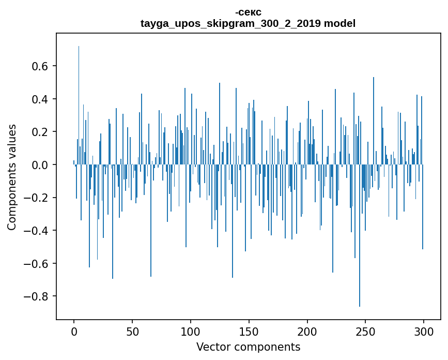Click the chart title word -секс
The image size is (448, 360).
(x=248, y=12)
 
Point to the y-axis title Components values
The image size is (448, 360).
(x=12, y=177)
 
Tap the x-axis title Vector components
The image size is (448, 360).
(x=248, y=347)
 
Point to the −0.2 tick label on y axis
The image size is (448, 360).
(x=37, y=198)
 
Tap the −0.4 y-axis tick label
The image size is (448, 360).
(x=37, y=231)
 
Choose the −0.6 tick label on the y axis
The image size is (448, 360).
(x=37, y=264)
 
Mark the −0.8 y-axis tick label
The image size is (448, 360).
(x=37, y=296)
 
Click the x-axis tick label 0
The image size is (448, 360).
(x=74, y=331)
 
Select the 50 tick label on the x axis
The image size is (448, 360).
(x=132, y=331)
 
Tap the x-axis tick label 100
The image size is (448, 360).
(x=191, y=331)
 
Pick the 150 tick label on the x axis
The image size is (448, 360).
(x=249, y=331)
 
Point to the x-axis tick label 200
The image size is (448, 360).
(x=307, y=331)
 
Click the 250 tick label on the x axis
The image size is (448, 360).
(x=366, y=331)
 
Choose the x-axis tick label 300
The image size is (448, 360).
(x=424, y=331)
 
